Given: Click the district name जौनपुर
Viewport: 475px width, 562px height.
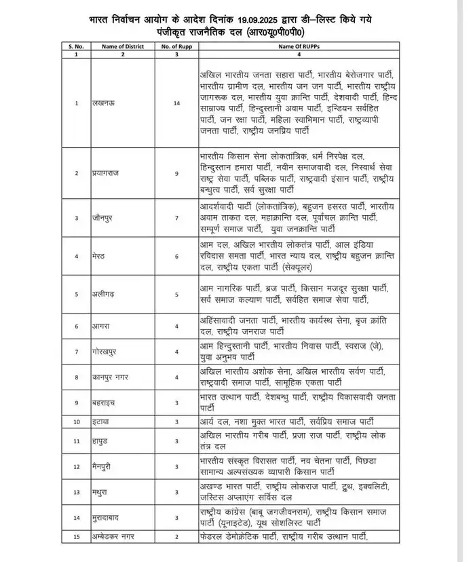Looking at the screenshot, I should [103, 218].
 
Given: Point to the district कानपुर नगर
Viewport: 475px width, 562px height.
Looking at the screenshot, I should [111, 377].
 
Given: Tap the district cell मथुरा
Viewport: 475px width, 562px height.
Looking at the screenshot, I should [101, 491].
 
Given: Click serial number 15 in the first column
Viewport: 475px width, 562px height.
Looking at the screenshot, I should [77, 538].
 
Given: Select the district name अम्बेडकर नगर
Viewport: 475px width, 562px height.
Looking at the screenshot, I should [115, 538].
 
